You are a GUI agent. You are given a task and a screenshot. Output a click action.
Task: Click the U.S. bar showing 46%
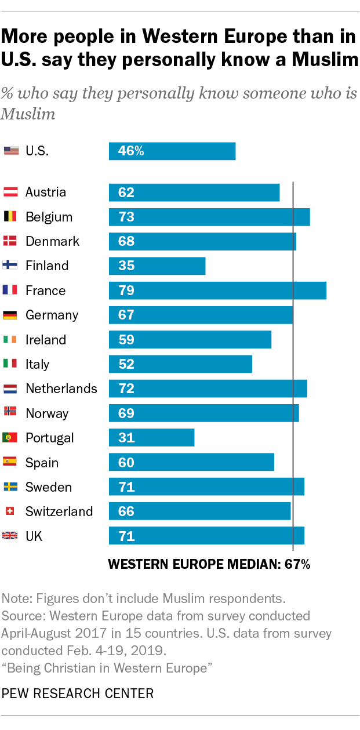172,151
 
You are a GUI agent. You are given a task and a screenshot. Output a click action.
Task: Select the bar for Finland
157,266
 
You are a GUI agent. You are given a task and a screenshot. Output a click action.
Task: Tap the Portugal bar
151,438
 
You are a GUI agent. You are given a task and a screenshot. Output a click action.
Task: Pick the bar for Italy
180,364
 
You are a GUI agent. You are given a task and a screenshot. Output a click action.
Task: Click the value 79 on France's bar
126,290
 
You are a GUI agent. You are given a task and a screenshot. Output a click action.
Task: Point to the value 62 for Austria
126,193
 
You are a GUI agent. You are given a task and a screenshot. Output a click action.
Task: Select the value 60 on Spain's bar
126,463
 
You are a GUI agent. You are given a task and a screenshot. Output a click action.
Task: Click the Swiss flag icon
10,511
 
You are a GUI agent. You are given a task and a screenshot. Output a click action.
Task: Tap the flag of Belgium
10,216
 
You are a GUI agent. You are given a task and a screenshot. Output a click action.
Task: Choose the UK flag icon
10,535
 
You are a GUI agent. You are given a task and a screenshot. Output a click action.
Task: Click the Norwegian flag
10,411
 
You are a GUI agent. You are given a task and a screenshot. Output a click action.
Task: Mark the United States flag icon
12,151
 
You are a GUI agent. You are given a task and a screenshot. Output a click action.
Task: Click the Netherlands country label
61,388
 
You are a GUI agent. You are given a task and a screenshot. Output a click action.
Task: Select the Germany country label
52,315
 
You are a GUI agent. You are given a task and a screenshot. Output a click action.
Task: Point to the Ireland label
46,340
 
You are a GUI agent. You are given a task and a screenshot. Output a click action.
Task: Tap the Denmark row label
52,241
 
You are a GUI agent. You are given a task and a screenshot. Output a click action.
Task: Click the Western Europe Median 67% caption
209,564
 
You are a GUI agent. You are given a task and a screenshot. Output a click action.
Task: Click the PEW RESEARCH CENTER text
78,693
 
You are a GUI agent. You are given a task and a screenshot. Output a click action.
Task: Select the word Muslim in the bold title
325,60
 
